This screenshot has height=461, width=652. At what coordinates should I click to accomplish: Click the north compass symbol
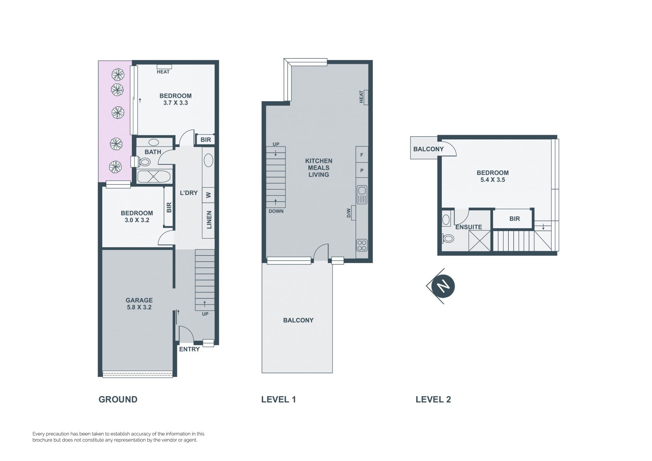coord(442,286)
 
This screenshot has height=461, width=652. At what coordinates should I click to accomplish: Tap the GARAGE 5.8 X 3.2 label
coord(139,304)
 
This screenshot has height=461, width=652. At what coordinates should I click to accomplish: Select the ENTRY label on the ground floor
coord(189,349)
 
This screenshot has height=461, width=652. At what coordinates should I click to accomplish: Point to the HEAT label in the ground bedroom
coord(163,72)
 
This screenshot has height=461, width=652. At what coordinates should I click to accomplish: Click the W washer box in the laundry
coord(209,195)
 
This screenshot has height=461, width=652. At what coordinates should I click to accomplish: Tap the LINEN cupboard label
coord(209,220)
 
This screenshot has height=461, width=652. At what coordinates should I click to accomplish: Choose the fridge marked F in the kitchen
coord(362,155)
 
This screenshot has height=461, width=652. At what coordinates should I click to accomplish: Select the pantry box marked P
coord(362,171)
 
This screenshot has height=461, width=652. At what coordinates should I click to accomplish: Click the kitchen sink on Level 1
coord(362,195)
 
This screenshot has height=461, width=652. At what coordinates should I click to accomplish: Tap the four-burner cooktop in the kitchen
coord(362,245)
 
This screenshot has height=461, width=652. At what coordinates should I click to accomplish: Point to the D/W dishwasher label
coord(348,213)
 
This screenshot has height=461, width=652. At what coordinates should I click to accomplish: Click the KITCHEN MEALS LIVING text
coord(319,168)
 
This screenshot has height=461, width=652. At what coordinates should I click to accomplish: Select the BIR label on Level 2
coord(514,219)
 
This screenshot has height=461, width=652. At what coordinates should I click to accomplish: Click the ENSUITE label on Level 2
coord(469,227)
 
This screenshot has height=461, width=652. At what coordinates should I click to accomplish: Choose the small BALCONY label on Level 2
coord(429,149)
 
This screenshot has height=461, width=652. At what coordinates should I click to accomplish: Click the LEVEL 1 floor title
coord(278,400)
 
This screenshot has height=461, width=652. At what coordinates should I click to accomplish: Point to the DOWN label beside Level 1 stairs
coord(276,211)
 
